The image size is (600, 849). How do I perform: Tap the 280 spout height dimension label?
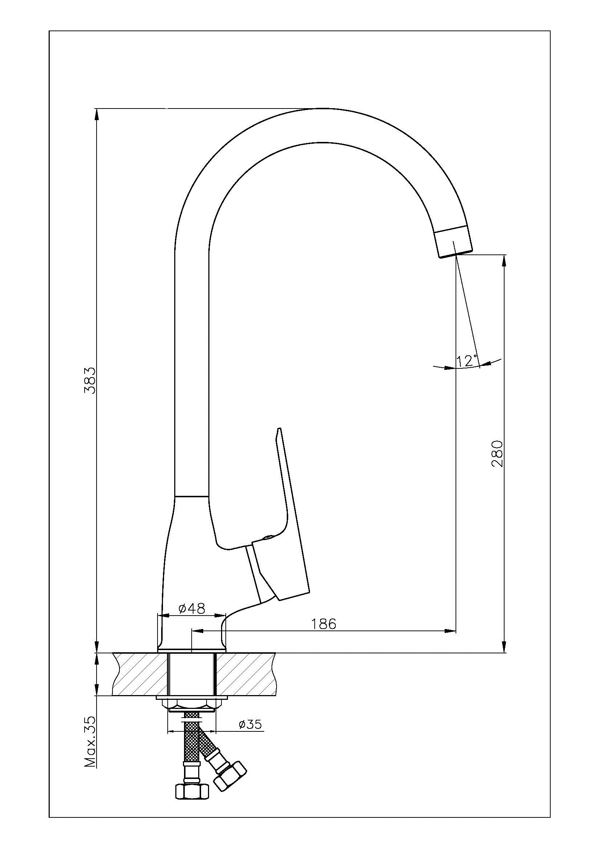pos(498,454)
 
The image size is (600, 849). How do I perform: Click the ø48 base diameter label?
pos(192,608)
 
